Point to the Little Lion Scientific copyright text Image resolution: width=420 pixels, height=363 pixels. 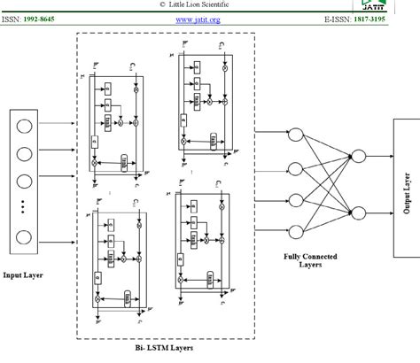pyautogui.click(x=209, y=4)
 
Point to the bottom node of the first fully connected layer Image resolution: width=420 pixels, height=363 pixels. pyautogui.click(x=298, y=229)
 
